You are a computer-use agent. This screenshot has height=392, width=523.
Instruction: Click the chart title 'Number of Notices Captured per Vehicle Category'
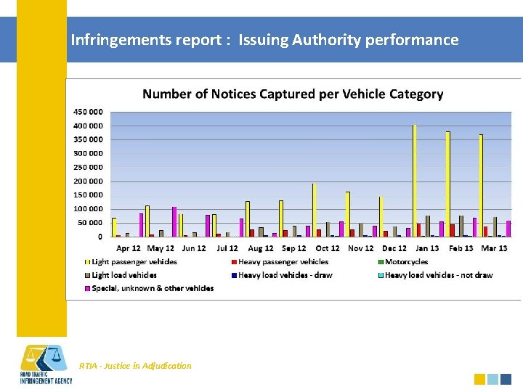pos(293,94)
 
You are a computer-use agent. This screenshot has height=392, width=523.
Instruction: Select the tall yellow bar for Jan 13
pos(414,181)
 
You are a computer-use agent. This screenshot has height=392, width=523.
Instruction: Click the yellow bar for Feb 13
pos(447,185)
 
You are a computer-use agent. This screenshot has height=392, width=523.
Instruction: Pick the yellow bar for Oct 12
pos(314,211)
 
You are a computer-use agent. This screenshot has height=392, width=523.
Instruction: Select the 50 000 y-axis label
pos(89,223)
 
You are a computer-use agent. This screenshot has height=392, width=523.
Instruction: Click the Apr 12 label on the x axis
pos(129,248)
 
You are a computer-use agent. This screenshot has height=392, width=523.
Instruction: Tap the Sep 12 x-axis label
pos(294,248)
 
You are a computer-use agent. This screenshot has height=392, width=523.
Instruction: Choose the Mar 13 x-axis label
pos(494,248)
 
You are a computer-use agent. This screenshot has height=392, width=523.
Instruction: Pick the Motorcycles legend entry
pos(406,262)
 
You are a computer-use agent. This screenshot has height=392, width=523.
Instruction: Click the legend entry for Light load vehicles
pos(123,275)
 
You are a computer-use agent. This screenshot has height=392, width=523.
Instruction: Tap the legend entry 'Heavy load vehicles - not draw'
pos(438,275)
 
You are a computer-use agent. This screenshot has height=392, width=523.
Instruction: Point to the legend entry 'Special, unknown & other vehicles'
pos(152,288)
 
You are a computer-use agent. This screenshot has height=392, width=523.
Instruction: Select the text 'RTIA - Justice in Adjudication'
pos(135,366)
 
